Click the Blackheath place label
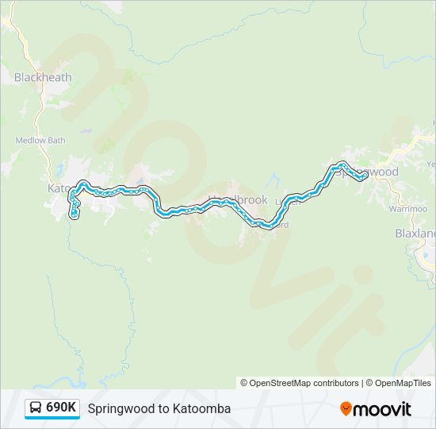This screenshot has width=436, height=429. pos(43,78)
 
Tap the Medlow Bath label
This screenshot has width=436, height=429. pos(40,141)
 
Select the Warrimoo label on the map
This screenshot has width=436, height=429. pos(407,208)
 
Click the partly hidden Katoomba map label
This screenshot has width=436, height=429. pos(59,188)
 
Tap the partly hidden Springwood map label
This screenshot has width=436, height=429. pos(376,172)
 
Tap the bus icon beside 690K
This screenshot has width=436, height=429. pos(36,408)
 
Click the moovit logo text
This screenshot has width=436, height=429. pos(384,408)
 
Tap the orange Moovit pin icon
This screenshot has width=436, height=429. pos(346,408)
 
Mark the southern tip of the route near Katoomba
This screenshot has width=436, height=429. pos(75,214)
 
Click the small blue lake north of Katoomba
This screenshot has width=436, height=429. pos(60,168)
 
